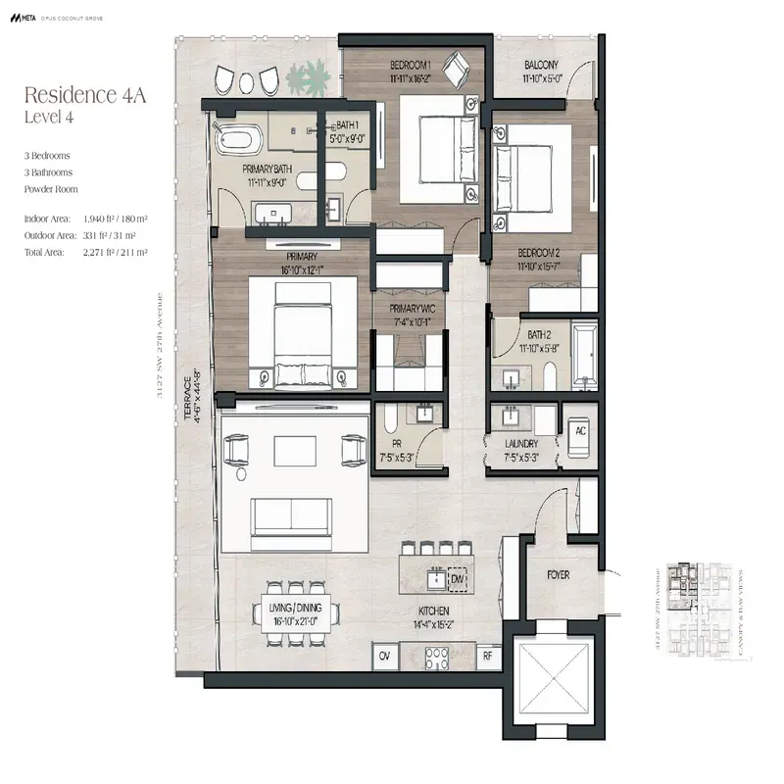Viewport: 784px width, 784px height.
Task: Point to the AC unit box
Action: tap(579, 431)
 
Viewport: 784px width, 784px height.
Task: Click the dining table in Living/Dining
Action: tap(297, 612)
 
